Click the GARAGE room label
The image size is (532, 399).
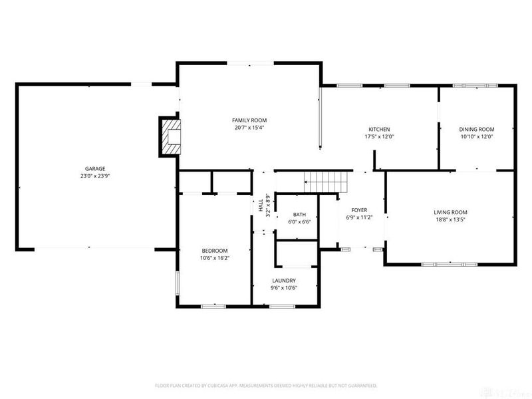click(x=95, y=169)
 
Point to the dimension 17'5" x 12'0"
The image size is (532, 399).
click(x=379, y=136)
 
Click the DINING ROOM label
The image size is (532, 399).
click(x=477, y=129)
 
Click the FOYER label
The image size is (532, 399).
click(x=359, y=209)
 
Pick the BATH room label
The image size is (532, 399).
click(x=299, y=215)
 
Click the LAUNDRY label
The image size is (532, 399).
click(x=284, y=281)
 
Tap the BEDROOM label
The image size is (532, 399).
click(x=214, y=251)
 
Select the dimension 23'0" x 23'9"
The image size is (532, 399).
click(x=95, y=176)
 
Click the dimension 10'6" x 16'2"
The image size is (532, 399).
click(x=214, y=258)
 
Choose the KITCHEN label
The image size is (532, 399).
click(x=379, y=129)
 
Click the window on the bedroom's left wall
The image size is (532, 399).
click(x=177, y=283)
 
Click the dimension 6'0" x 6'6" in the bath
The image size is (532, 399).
click(x=299, y=222)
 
